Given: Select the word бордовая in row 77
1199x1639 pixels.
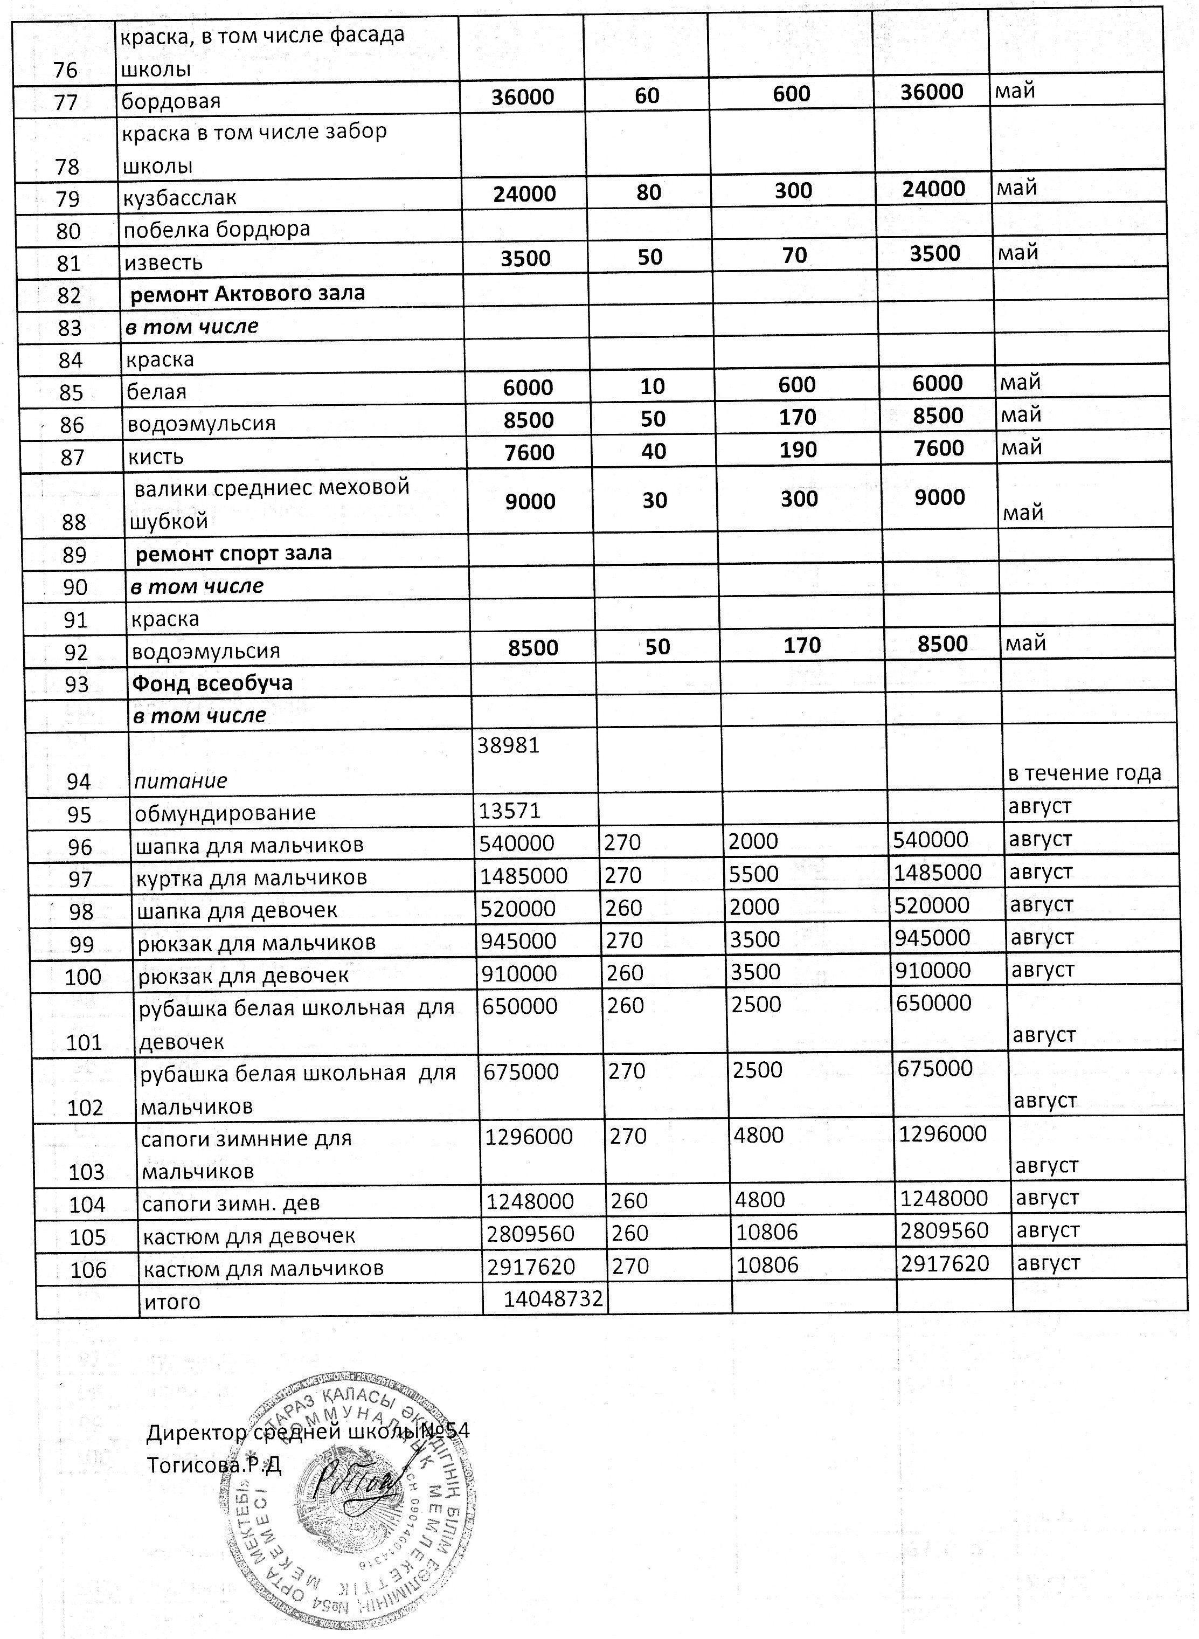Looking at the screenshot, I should [x=171, y=101].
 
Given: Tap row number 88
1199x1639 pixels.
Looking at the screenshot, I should [x=74, y=522].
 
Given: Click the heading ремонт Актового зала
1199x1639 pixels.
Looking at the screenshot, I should [x=247, y=294].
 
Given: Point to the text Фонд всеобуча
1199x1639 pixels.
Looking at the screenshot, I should [x=213, y=683].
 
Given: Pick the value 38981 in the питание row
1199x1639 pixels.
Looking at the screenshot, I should [x=508, y=745].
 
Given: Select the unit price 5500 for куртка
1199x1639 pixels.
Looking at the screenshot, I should [x=754, y=874].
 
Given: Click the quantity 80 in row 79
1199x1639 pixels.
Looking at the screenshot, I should [x=649, y=192].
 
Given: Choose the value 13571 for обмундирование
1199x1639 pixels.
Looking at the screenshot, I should [x=509, y=811].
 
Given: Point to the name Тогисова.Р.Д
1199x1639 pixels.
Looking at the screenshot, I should [x=213, y=1465].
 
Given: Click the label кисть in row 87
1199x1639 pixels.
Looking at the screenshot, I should [x=155, y=457].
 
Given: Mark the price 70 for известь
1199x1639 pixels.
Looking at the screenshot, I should [x=795, y=255].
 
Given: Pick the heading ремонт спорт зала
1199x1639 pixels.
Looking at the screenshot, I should [x=234, y=553].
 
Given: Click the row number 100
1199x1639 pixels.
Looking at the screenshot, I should [x=84, y=976].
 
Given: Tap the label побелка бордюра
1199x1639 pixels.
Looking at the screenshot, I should [x=217, y=230].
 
